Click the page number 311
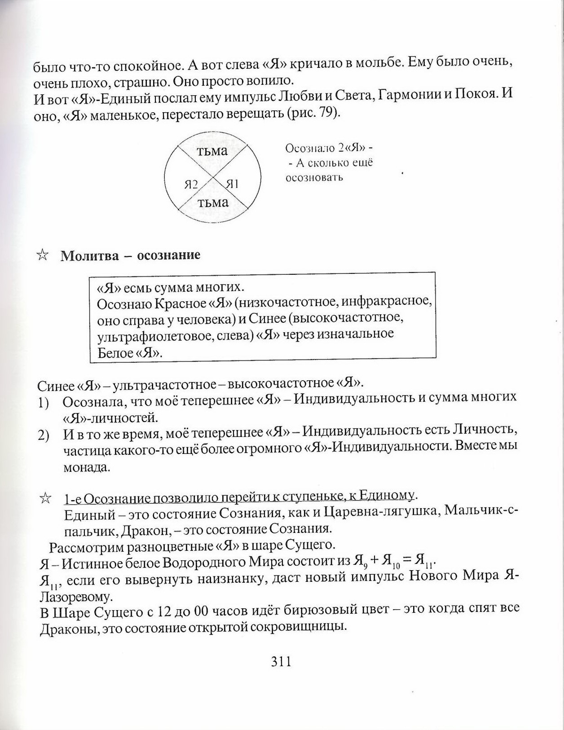tap(282, 661)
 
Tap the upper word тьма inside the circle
tap(212, 151)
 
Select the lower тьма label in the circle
tap(213, 202)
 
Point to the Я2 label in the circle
tap(191, 184)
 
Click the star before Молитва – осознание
tap(42, 255)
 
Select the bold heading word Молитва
tap(89, 255)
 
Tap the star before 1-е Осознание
tap(45, 498)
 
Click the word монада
tap(86, 467)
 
